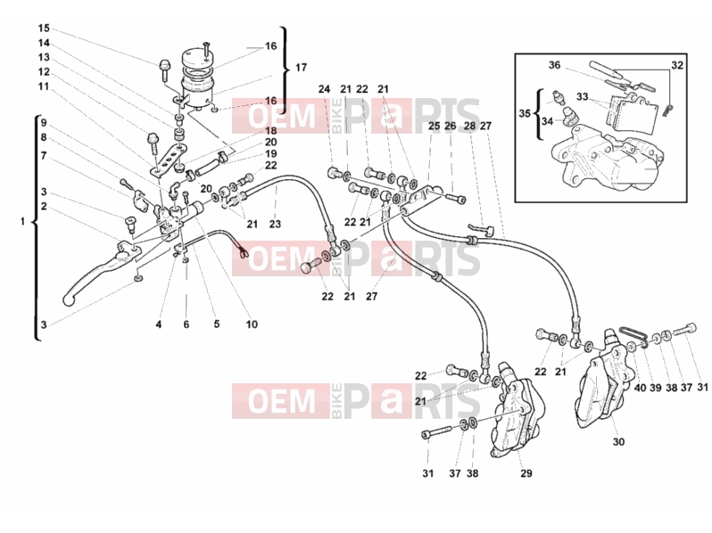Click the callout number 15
[x=44, y=29]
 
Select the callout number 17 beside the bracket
[x=301, y=68]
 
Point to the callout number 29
[x=526, y=473]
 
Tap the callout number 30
[x=618, y=441]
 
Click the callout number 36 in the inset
[x=554, y=65]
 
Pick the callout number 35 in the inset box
[x=525, y=113]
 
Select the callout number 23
[x=275, y=224]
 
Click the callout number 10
[x=252, y=324]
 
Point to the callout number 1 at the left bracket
[x=22, y=222]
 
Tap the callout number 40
[x=640, y=388]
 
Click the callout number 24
[x=324, y=89]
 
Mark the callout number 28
[x=469, y=126]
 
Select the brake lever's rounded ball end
[x=68, y=299]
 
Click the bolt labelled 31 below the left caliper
[x=436, y=432]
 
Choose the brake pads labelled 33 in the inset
[x=633, y=114]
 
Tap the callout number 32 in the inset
[x=677, y=65]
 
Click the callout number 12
[x=44, y=71]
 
